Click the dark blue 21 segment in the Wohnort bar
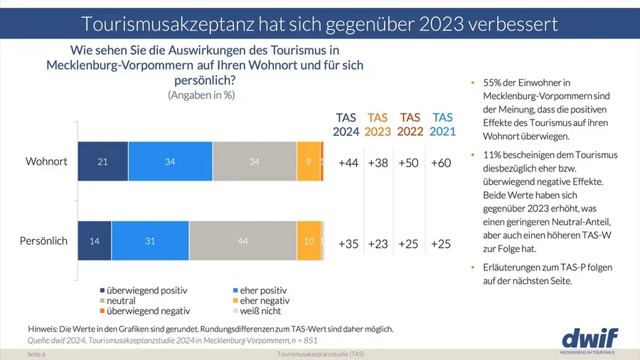[102, 162]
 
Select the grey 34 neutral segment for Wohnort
[255, 162]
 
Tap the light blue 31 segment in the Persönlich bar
[150, 241]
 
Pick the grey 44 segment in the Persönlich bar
[242, 241]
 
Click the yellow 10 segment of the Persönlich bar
[309, 241]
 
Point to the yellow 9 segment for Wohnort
[308, 162]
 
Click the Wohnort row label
[46, 162]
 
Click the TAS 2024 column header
[346, 125]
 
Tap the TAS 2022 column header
[410, 125]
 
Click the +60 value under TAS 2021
[442, 163]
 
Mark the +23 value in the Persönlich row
[378, 243]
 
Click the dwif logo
[590, 337]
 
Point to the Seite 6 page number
[36, 354]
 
